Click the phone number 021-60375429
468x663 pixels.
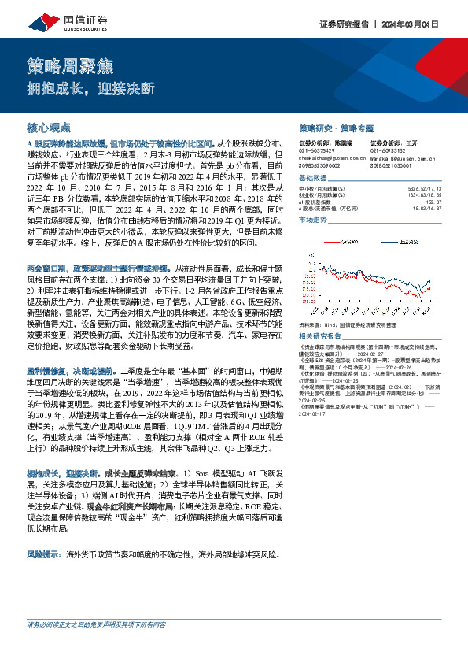(316, 150)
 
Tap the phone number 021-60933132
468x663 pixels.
(388, 150)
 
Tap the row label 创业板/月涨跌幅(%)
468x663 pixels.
(322, 195)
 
